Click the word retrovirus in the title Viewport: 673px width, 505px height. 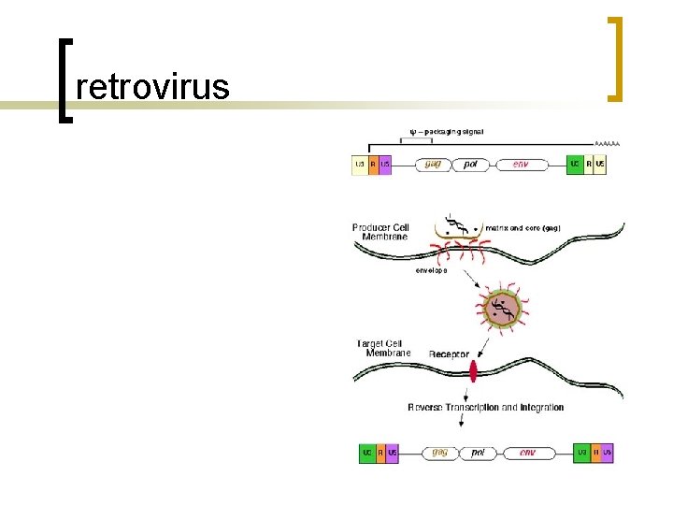152,87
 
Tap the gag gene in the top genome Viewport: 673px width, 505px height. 433,165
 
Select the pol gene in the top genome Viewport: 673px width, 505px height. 470,165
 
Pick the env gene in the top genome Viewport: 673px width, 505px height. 521,165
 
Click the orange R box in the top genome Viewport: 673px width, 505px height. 373,165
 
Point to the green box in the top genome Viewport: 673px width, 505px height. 576,165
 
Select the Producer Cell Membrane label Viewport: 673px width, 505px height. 380,232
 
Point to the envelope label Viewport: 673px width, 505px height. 431,270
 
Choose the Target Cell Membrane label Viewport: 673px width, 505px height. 383,348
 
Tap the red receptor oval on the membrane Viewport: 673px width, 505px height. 474,372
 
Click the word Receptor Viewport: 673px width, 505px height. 449,354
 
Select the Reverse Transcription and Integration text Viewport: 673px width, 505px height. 486,408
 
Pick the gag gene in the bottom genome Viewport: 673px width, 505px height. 439,453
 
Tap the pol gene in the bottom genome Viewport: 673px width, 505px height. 478,453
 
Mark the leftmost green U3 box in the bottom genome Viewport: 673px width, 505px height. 367,453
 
